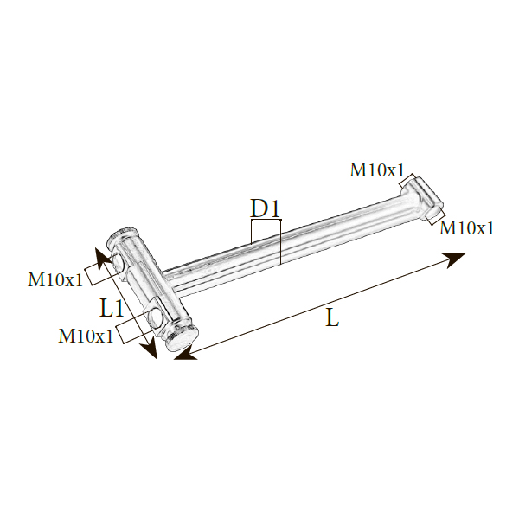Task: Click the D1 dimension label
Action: [x=266, y=208]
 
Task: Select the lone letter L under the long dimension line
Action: [x=332, y=317]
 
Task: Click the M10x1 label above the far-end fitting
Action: [x=377, y=170]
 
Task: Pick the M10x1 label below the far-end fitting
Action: [x=466, y=227]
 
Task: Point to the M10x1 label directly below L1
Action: [x=86, y=336]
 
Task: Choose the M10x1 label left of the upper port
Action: [x=55, y=279]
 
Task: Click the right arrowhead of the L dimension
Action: [x=455, y=259]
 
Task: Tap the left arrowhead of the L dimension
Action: [x=185, y=355]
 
